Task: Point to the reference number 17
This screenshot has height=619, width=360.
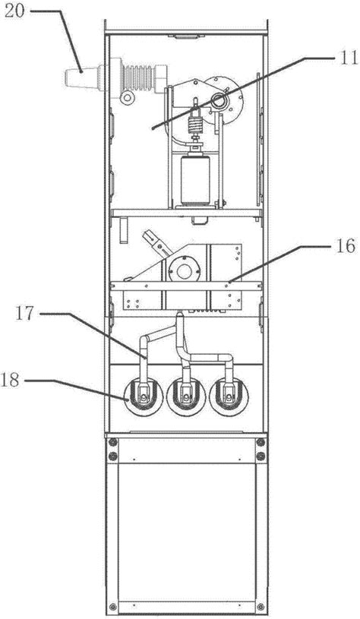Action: (x=26, y=314)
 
